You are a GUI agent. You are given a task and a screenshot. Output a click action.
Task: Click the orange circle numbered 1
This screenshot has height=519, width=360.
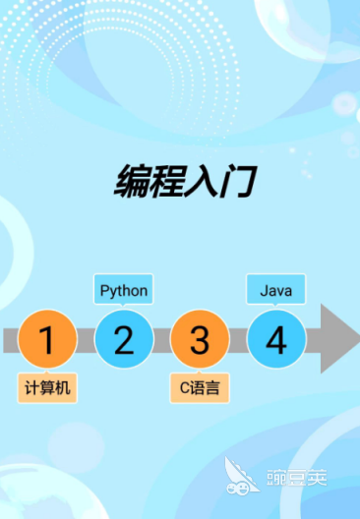[47, 339]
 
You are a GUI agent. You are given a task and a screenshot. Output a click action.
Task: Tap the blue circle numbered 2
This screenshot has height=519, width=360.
[124, 339]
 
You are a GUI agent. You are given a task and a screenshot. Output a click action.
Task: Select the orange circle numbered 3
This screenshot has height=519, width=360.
[200, 339]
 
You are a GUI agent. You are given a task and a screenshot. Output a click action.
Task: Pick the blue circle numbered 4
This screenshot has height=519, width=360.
[276, 339]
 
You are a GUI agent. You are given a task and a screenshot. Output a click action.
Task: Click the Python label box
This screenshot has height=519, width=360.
[124, 289]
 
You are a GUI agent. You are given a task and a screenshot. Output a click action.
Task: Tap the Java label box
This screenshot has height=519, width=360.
[275, 289]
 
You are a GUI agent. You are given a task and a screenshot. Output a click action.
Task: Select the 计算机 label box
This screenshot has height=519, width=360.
[47, 388]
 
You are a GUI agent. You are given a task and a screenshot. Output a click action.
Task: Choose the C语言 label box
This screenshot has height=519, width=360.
[200, 388]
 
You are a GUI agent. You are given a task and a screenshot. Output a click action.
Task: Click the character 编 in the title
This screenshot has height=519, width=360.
[132, 181]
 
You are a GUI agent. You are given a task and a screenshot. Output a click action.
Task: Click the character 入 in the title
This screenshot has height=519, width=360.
[203, 181]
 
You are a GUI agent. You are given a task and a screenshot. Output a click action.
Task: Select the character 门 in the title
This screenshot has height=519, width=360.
[238, 181]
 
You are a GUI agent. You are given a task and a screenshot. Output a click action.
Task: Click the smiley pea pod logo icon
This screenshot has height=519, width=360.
[241, 476]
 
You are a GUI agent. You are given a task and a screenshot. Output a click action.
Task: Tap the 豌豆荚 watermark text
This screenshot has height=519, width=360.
[297, 478]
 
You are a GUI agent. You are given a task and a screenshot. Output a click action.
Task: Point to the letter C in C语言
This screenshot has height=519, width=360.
[185, 388]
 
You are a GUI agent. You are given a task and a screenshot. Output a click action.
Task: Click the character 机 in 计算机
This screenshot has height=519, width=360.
[63, 388]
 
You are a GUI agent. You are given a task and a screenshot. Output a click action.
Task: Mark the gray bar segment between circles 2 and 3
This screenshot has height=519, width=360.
[162, 340]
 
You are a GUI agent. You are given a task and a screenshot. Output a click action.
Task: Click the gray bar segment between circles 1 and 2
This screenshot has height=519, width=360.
[86, 340]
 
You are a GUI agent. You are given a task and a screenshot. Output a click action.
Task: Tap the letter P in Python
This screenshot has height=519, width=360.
[104, 290]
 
